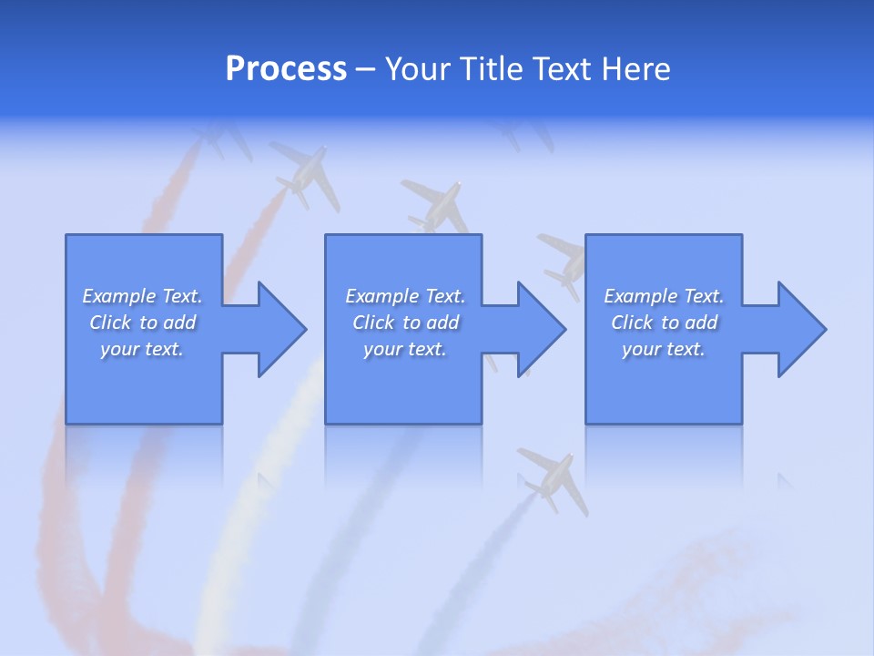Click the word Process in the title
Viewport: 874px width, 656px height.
pyautogui.click(x=286, y=68)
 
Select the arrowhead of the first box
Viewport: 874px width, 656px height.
pyautogui.click(x=279, y=329)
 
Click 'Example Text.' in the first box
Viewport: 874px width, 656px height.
pyautogui.click(x=142, y=296)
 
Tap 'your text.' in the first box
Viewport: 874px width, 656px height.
pyautogui.click(x=142, y=349)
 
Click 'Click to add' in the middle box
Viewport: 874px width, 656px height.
pyautogui.click(x=405, y=323)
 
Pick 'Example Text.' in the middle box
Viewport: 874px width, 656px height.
pyautogui.click(x=405, y=296)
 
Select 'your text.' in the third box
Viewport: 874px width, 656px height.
pyautogui.click(x=664, y=349)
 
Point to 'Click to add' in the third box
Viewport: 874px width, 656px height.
pyautogui.click(x=664, y=323)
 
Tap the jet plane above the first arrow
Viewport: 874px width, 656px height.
pyautogui.click(x=300, y=173)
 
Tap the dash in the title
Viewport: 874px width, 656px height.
pyautogui.click(x=365, y=69)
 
